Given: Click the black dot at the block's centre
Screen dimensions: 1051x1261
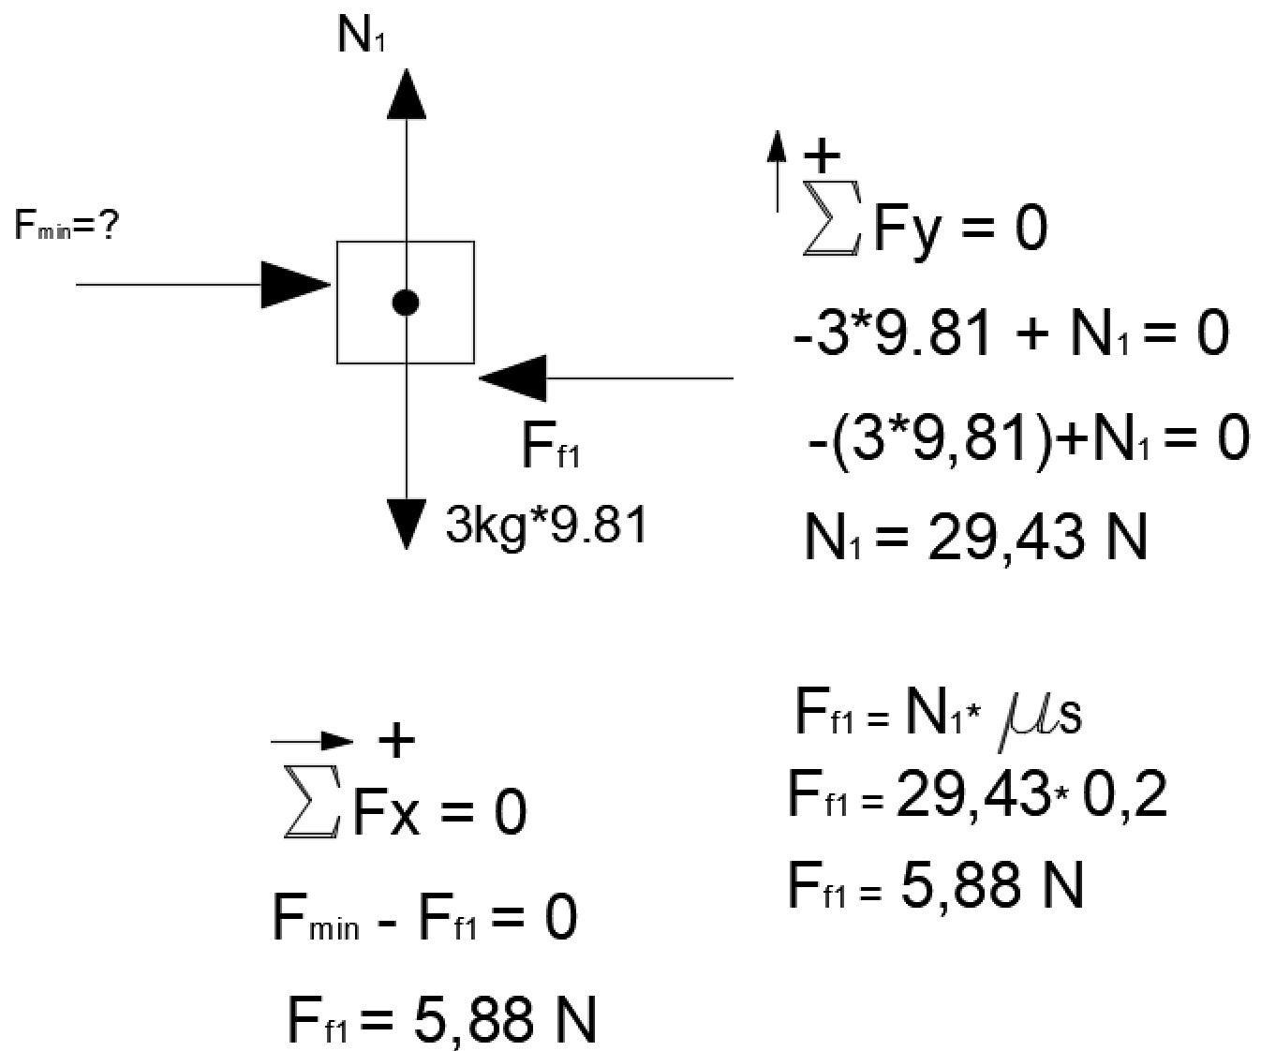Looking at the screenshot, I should (x=405, y=302).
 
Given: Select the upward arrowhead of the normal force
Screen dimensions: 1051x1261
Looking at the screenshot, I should (x=405, y=94).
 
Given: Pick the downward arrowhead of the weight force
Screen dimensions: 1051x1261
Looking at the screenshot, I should (x=405, y=525).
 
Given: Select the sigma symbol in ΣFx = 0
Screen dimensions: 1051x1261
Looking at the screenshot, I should (x=311, y=811).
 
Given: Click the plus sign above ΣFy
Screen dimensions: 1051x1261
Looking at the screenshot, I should (x=822, y=156).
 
